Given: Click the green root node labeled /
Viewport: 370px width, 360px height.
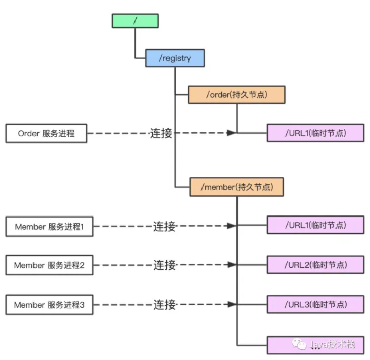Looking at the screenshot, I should (135, 21).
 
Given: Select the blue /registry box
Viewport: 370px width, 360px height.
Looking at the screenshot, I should (175, 58).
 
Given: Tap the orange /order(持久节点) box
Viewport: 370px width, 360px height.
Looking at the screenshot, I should (237, 95).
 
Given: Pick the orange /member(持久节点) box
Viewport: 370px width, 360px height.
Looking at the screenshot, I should (236, 187).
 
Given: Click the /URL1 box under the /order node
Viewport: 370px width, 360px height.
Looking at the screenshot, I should (316, 133).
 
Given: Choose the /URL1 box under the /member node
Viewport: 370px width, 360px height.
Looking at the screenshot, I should (316, 225).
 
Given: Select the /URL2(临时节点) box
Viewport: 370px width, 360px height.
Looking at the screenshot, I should (316, 265).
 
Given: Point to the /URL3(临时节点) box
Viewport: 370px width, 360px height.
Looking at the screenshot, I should (316, 304).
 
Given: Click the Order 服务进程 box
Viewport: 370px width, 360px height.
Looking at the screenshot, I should (46, 134).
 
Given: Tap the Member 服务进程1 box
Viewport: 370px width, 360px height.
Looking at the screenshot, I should (49, 227).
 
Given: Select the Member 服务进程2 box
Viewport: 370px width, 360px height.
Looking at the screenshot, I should (49, 265).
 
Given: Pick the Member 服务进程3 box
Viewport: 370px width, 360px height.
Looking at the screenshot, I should (49, 305).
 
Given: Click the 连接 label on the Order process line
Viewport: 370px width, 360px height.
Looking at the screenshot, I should (161, 133).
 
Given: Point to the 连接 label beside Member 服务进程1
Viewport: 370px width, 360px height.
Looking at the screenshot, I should (164, 226).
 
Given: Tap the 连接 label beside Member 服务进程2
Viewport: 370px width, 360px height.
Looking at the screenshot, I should (164, 265).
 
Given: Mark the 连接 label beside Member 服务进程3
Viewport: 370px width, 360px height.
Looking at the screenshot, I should (164, 305).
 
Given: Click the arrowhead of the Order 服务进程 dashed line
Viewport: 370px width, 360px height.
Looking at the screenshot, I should (231, 133).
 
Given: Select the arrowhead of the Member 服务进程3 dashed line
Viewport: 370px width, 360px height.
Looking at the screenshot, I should (232, 304).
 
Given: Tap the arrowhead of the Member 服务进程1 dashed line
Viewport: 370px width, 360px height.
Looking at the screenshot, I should (232, 225).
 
